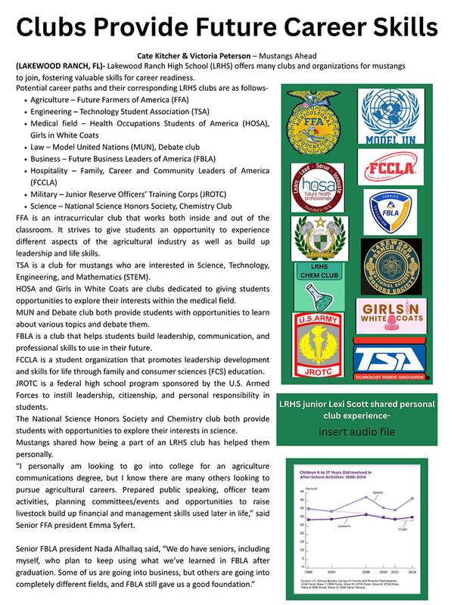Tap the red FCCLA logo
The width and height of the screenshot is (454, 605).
tap(391, 169)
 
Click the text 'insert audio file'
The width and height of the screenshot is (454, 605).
tap(356, 432)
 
